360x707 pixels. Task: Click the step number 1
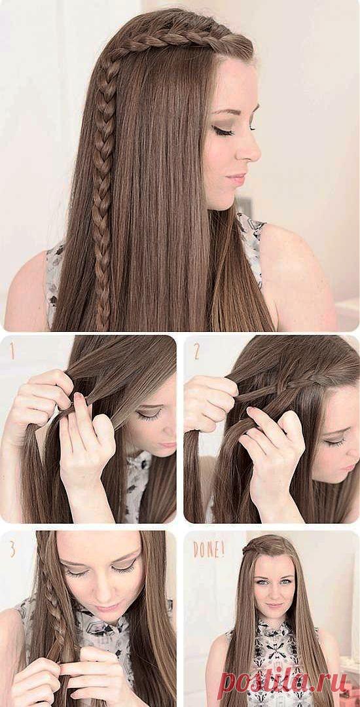12,352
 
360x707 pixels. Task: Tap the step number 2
196,352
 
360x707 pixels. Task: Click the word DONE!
209,549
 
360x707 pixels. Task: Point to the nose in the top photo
248,149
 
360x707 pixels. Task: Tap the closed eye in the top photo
224,131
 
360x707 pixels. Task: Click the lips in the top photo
236,179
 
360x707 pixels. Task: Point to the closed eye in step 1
150,413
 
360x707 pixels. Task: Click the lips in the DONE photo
274,605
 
